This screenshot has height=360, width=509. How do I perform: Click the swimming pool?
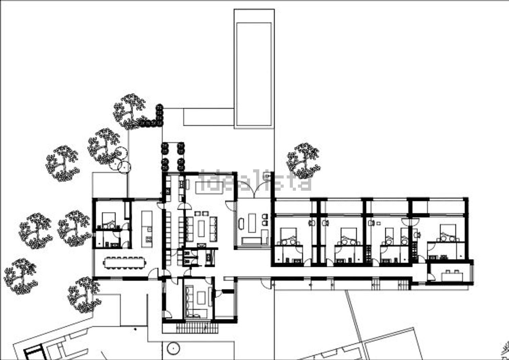pos(254,74)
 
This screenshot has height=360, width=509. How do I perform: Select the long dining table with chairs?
pos(125,263)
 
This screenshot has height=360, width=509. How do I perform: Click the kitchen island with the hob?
pos(147,229)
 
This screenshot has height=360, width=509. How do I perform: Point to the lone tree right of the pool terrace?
pos(303,160)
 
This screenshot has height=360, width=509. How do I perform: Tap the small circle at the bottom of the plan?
pos(173,348)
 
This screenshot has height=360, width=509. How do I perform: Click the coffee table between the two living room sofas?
pos(201,229)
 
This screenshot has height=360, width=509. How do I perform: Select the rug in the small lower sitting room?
pos(201,298)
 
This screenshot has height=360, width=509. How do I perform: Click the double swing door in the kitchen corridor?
pos(184,206)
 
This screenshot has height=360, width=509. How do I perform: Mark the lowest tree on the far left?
pos(21,277)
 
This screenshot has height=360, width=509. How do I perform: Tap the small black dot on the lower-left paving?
pos(135,329)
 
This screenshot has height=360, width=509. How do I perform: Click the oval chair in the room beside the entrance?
pos(241,223)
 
